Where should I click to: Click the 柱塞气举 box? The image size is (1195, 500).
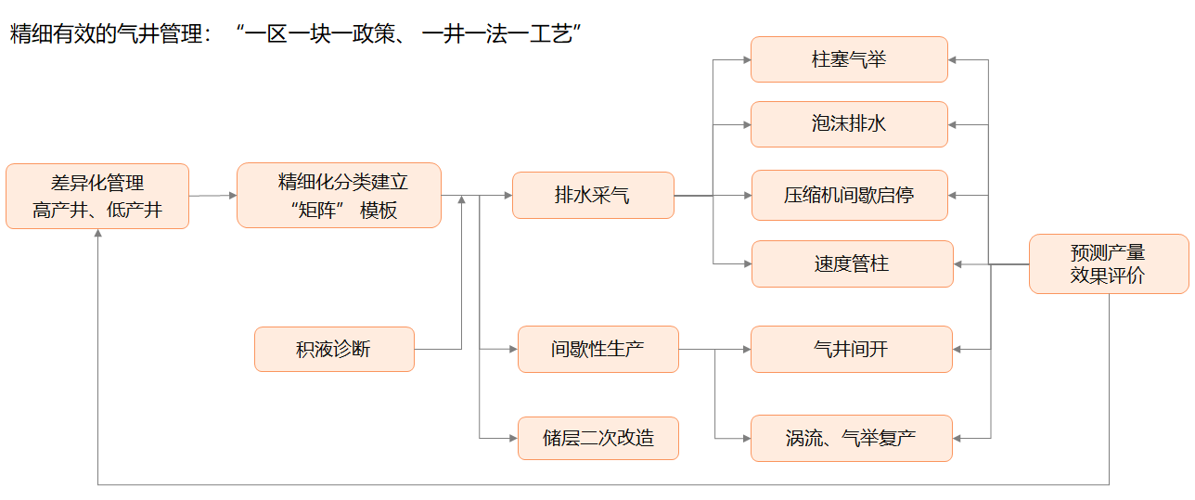(x=849, y=59)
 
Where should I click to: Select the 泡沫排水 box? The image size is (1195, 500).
(x=849, y=123)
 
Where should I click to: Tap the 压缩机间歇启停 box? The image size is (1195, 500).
(x=849, y=195)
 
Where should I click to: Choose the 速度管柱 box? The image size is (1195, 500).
(x=852, y=263)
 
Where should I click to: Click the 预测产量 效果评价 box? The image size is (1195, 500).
(x=1108, y=263)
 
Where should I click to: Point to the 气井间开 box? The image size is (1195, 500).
(x=851, y=349)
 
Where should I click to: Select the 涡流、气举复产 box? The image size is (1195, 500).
(x=851, y=438)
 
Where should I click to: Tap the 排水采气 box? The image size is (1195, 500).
(x=593, y=195)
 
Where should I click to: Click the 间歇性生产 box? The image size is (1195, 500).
(x=597, y=349)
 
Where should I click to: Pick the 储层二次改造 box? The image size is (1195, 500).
(x=597, y=438)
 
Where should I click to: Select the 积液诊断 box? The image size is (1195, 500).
(x=334, y=349)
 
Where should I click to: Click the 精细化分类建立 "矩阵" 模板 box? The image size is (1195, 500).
(x=339, y=195)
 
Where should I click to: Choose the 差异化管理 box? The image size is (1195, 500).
(x=97, y=196)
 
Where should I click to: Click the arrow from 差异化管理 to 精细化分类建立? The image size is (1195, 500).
(x=212, y=196)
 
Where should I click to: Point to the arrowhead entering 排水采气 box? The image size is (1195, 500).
(x=507, y=196)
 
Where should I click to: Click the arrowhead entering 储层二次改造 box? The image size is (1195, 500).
(x=512, y=438)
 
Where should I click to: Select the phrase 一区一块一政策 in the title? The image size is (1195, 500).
(x=324, y=34)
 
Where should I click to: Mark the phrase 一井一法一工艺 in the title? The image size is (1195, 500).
(x=500, y=34)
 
